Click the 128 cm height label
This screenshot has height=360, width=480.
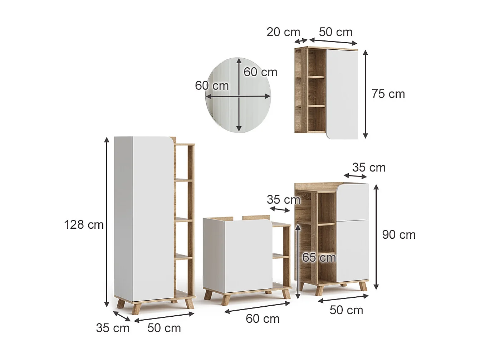(84, 225)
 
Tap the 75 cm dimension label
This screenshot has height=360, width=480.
(388, 94)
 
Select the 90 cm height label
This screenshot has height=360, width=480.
(399, 235)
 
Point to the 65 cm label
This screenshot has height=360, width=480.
(319, 258)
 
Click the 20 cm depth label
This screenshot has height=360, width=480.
(283, 32)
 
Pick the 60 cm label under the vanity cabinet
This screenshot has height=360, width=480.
(263, 318)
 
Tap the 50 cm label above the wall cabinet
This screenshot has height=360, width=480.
(335, 32)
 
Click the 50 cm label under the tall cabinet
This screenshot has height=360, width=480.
(164, 328)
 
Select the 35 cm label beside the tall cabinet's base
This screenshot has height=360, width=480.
(113, 328)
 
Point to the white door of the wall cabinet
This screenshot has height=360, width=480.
(342, 93)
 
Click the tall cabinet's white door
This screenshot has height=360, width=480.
(143, 218)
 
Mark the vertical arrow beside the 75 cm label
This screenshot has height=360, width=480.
(365, 94)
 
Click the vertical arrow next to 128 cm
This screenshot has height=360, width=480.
(107, 222)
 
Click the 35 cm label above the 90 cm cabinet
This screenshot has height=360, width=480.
(369, 167)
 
